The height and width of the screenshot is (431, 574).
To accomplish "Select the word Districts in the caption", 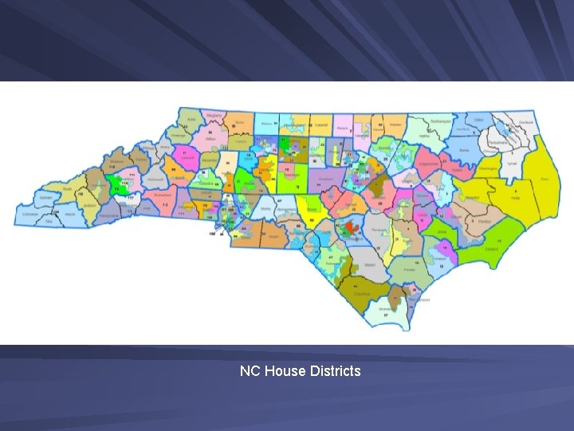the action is tap(332, 371).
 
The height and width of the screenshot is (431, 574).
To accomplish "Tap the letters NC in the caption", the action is tap(250, 371).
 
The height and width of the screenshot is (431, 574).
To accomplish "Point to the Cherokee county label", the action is tap(29, 215).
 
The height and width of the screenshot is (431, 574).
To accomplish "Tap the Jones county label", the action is tap(437, 231).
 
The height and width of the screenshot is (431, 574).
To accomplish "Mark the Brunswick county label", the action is tap(388, 308).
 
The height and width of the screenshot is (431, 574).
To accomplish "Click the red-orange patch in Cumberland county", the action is tap(348, 229).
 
